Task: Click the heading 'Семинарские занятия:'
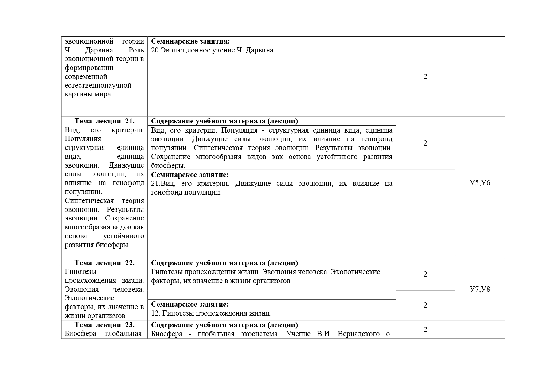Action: pos(190,41)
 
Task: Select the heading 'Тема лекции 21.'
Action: pos(104,121)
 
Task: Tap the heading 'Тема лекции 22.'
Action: pos(104,263)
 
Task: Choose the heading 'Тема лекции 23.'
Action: pos(104,325)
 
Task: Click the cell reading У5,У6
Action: pos(480,183)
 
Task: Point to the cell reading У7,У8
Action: pos(480,289)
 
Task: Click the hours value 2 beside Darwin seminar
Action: pos(425,76)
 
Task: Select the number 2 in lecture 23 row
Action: pos(425,329)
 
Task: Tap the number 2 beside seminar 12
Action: pos(425,305)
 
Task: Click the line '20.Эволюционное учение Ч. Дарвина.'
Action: pos(213,50)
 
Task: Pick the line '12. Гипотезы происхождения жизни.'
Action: pos(211,313)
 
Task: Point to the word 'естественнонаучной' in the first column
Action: pos(98,85)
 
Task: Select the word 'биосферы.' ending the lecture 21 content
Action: pos(168,165)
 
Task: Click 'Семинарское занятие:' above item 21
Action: pos(190,175)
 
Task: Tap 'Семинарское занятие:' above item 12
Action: pos(190,304)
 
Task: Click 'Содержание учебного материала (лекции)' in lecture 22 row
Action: pos(225,263)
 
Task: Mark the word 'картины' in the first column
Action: pos(77,94)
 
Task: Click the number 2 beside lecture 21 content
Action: pos(425,143)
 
